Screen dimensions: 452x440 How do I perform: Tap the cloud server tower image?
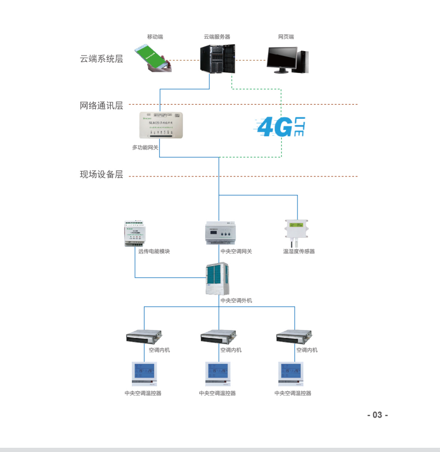(217, 59)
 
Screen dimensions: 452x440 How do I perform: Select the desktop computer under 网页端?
(287, 60)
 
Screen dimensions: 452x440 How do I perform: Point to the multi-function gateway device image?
(161, 126)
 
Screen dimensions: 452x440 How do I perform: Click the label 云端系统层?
(101, 59)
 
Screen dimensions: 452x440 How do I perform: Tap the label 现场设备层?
(101, 174)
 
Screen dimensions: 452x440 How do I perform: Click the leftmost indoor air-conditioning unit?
(144, 336)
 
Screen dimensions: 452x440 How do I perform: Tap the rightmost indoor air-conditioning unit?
(294, 336)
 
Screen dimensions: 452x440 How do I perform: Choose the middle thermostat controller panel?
(218, 374)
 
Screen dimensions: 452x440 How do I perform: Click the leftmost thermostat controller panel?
(144, 374)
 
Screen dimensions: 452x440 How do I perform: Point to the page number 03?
(377, 415)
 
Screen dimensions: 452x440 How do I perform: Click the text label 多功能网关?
(145, 148)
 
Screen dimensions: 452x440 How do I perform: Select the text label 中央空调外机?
(236, 300)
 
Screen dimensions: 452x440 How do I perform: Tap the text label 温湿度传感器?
(299, 251)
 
